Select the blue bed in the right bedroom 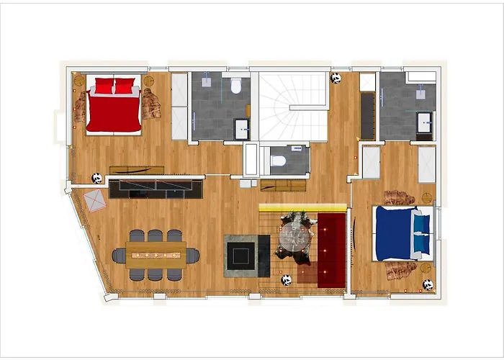coord(394,232)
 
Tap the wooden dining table coord(156,253)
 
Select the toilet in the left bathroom coord(235,86)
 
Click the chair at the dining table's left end coord(119,255)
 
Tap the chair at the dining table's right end coord(193,254)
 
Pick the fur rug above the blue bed coord(399,197)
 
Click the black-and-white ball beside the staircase coord(336,78)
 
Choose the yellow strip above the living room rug coord(302,207)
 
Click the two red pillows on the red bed coord(114,86)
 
